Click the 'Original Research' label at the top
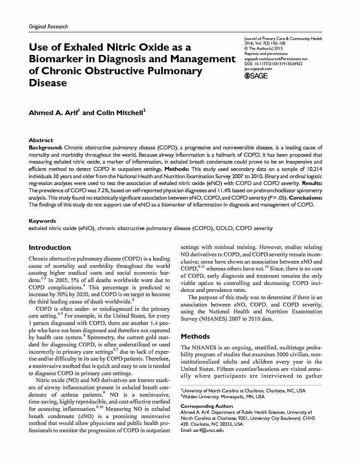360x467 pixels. [x=48, y=27]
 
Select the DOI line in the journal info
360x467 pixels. [x=273, y=64]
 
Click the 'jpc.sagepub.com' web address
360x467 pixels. [x=258, y=68]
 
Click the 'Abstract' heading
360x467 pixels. [x=41, y=140]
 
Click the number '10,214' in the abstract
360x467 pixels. [x=314, y=170]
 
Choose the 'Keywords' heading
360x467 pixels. [x=42, y=221]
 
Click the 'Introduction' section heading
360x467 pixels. [x=49, y=248]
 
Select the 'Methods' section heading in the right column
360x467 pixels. [x=195, y=337]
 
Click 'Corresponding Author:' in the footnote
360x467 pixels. [x=207, y=406]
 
